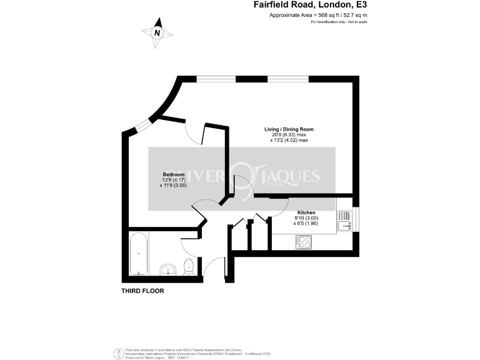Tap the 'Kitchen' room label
[306, 212]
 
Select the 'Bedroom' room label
[174, 174]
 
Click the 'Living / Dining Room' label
[289, 129]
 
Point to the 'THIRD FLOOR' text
[142, 291]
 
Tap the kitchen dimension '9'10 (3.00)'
[306, 218]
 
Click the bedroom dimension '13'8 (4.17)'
[174, 179]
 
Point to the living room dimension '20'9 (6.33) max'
[289, 134]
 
